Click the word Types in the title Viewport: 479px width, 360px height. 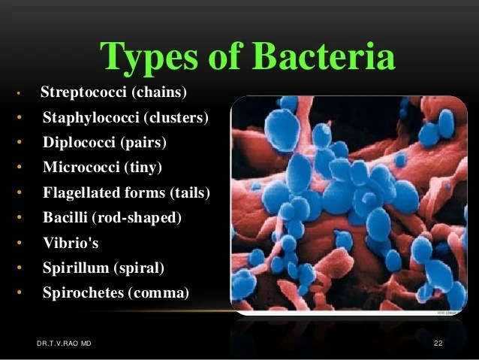click(x=149, y=59)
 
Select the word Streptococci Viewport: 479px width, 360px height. click(x=83, y=92)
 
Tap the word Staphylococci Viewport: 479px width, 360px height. click(x=91, y=117)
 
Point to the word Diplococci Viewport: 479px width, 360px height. click(x=79, y=143)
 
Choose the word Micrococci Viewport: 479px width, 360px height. click(x=81, y=167)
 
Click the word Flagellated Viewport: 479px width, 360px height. click(x=82, y=193)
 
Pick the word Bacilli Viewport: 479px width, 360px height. click(x=65, y=217)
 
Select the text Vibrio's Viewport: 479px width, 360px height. click(x=71, y=243)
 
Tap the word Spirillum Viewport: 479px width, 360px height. click(x=76, y=268)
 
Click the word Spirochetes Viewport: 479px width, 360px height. click(x=83, y=292)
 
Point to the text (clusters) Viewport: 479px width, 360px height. click(x=176, y=118)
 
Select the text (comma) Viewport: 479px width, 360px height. click(x=158, y=293)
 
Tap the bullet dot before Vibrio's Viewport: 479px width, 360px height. click(x=20, y=243)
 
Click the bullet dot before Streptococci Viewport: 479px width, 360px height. click(x=19, y=92)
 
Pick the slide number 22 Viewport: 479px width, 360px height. click(x=438, y=343)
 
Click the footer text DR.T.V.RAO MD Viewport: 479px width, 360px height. click(x=64, y=343)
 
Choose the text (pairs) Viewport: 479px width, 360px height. click(x=143, y=143)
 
